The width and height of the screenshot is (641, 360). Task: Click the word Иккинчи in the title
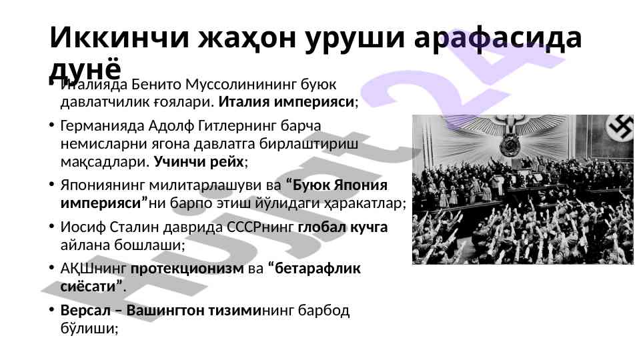click(x=119, y=37)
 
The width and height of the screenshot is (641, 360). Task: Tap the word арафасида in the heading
click(x=498, y=37)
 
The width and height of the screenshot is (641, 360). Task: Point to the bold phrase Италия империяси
click(x=286, y=102)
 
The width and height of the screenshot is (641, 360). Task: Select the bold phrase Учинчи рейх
click(x=199, y=162)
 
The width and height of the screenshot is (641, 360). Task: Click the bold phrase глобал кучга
click(x=343, y=227)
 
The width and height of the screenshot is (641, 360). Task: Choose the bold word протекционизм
click(x=187, y=269)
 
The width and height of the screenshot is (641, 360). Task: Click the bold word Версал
click(x=85, y=311)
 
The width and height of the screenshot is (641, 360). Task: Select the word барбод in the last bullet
click(x=324, y=311)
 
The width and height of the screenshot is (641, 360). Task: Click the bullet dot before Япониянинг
click(x=51, y=184)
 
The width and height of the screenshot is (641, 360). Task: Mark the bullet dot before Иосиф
click(x=51, y=226)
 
